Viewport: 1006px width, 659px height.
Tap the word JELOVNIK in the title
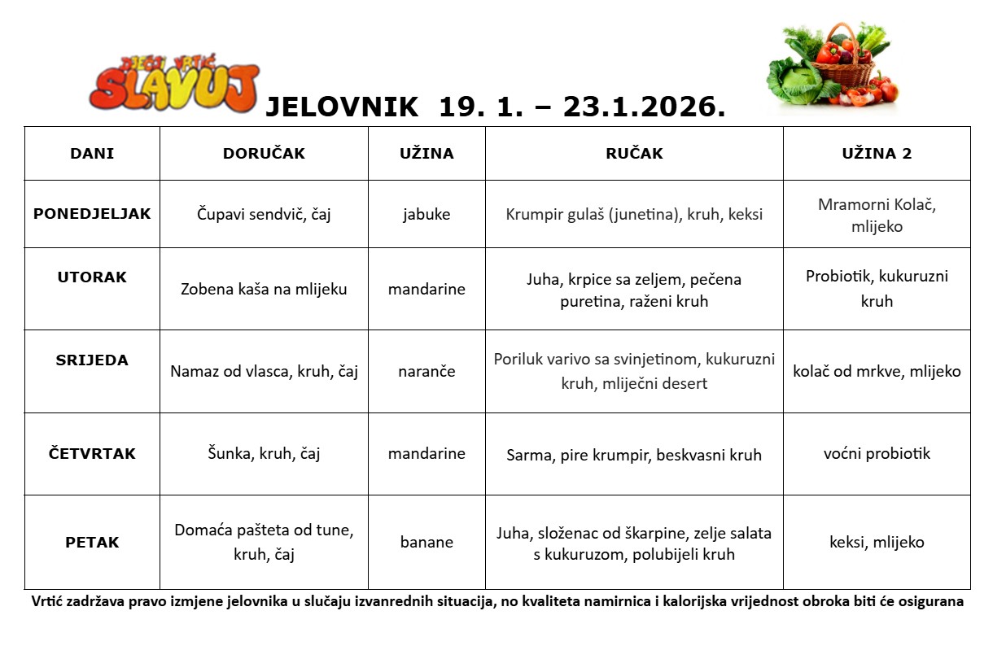(342, 107)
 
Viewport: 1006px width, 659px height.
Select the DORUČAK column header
(264, 154)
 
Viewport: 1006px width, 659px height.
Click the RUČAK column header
(634, 154)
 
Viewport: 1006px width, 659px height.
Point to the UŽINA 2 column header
(877, 154)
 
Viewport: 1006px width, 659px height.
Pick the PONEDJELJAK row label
(92, 214)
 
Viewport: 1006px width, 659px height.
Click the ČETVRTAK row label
(92, 454)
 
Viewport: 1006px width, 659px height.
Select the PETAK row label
(92, 543)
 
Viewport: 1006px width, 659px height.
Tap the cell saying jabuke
(426, 215)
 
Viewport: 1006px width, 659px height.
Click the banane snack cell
(426, 543)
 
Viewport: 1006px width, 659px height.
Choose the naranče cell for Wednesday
(426, 372)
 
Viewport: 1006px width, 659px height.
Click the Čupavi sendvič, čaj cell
(264, 215)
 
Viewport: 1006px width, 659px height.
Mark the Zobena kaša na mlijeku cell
(264, 289)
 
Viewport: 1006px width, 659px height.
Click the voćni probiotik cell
(877, 454)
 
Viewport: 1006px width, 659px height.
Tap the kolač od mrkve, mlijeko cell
(877, 372)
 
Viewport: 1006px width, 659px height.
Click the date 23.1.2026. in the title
(644, 107)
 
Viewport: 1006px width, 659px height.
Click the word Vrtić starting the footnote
(50, 602)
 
